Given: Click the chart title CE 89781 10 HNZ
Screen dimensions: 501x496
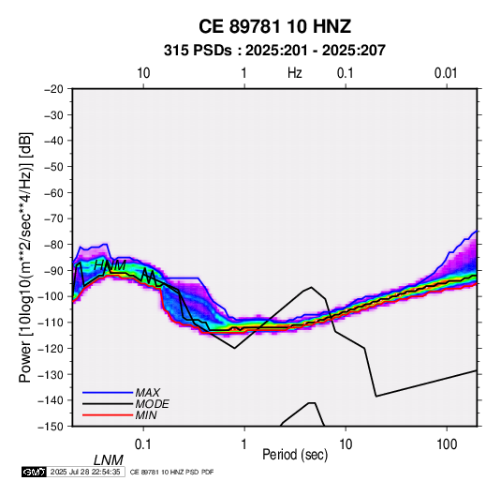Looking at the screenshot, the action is click(274, 26).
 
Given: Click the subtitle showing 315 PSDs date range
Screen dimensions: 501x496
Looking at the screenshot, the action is click(274, 51).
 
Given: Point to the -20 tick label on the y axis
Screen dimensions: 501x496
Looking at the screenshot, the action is click(53, 89).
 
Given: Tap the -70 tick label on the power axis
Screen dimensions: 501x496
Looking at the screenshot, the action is click(53, 218).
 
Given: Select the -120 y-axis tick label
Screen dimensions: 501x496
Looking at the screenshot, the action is click(51, 348).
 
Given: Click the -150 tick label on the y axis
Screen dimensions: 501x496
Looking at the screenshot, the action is click(51, 427).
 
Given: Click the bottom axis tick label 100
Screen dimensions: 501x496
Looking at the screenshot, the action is click(447, 444).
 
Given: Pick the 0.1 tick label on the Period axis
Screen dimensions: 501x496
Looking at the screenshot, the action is click(143, 444).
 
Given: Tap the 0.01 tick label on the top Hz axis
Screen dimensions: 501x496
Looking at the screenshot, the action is click(446, 73).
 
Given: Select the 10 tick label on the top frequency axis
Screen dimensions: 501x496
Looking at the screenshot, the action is click(143, 73).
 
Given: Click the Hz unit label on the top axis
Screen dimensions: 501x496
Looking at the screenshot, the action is click(295, 73).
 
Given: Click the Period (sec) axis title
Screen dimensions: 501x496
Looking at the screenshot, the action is click(295, 455).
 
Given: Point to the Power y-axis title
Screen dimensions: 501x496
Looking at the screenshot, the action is click(25, 257).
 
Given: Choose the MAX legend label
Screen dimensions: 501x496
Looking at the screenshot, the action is click(148, 393).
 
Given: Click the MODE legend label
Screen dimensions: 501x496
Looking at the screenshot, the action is click(152, 404).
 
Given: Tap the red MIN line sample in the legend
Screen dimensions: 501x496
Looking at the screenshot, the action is click(108, 415).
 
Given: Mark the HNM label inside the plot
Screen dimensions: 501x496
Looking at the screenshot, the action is click(111, 265).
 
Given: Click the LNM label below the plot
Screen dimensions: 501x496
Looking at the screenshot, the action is click(109, 460).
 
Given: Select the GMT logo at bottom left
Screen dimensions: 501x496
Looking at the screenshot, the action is click(35, 472).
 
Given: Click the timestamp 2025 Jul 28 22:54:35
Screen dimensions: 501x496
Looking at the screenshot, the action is click(85, 472).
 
